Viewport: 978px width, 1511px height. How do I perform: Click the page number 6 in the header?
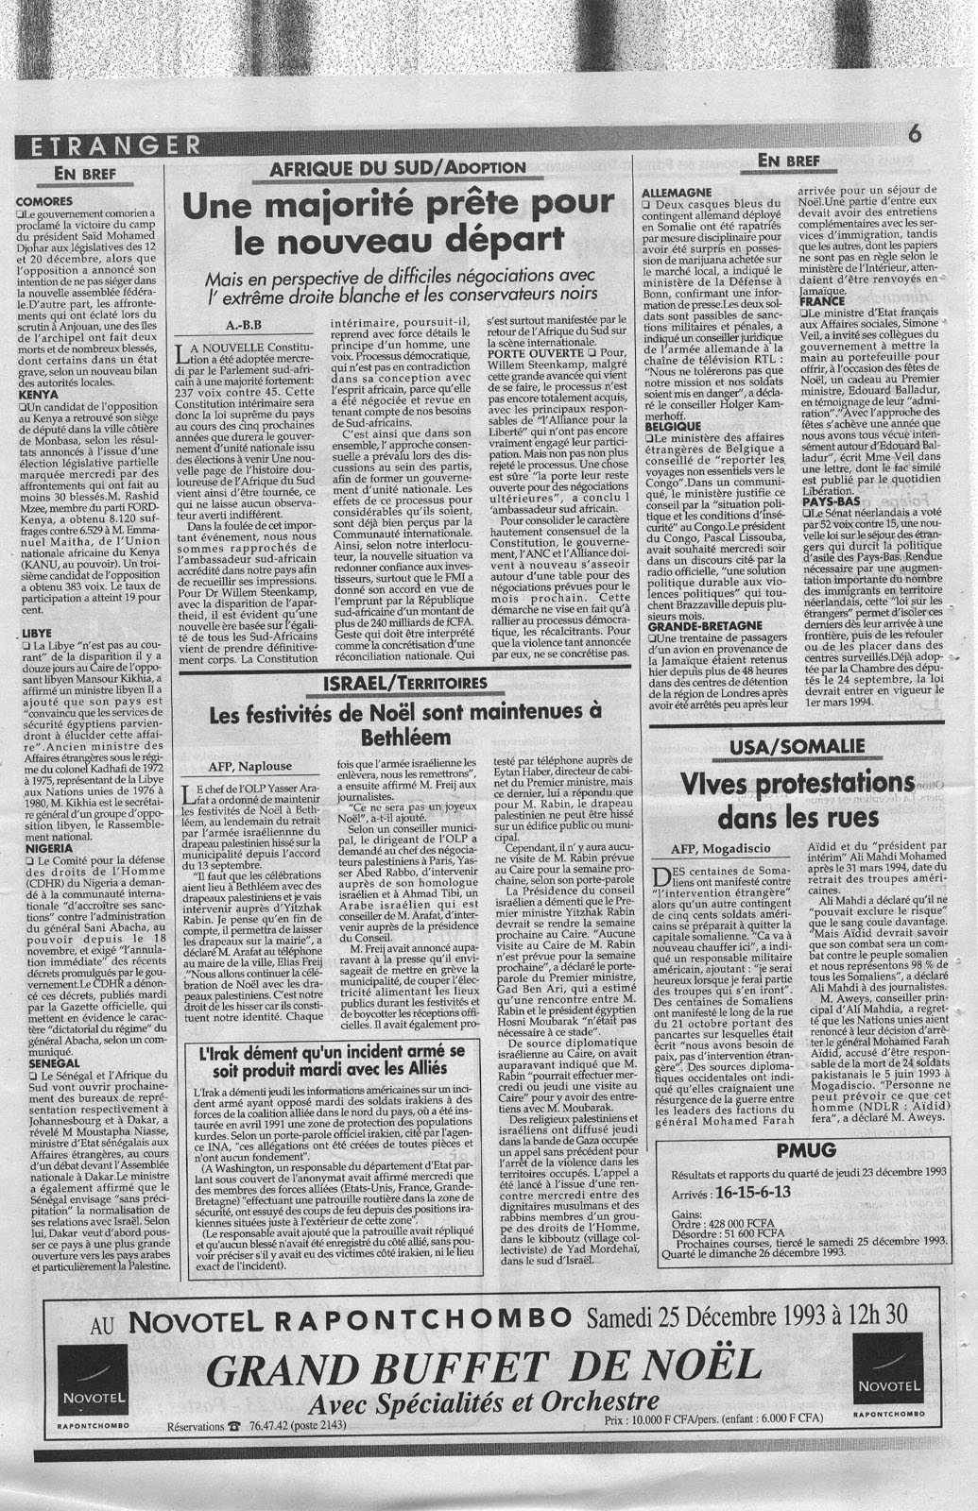click(x=913, y=135)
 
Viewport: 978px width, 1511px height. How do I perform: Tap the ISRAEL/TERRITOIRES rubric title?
click(x=404, y=682)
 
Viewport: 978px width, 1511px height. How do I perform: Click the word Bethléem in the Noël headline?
click(x=404, y=736)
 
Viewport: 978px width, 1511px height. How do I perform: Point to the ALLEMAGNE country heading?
click(x=676, y=191)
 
